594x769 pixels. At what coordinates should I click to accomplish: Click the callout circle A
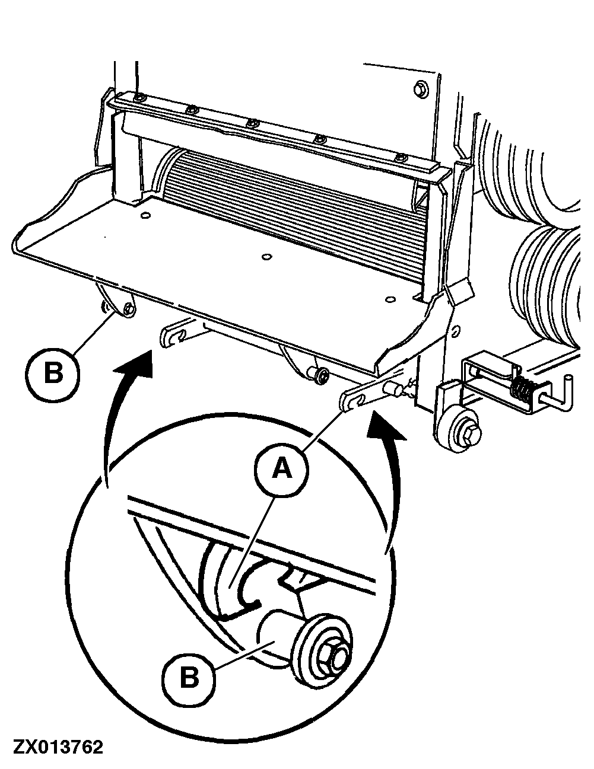tap(281, 470)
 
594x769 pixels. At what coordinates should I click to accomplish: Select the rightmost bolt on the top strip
tap(401, 158)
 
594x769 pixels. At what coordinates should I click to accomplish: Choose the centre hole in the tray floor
tap(265, 257)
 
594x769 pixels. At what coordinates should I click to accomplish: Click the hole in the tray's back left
tap(144, 216)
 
